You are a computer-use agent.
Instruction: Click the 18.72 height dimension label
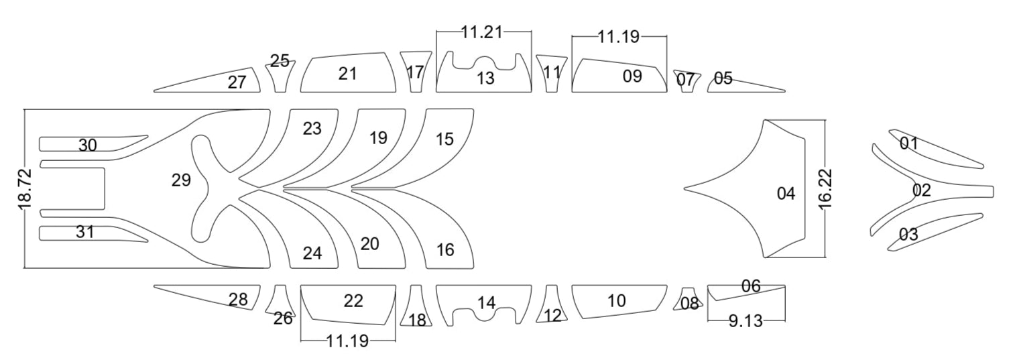[25, 190]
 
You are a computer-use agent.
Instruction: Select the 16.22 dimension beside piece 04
[825, 189]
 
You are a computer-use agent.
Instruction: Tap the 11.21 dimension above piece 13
[481, 32]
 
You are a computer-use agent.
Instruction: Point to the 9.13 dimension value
[746, 321]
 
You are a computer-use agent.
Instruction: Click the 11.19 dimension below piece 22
[347, 341]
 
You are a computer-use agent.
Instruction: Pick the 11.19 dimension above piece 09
[619, 37]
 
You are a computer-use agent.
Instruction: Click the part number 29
[181, 180]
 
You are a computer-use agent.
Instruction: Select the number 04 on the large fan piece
[786, 194]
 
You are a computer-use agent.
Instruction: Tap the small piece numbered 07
[685, 80]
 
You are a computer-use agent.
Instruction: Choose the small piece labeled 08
[689, 304]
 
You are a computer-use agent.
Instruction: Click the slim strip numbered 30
[88, 145]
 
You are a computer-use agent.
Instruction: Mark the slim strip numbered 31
[85, 233]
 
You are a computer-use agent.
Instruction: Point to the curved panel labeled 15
[444, 139]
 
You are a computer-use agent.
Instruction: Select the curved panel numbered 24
[312, 253]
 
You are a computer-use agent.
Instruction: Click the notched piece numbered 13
[485, 78]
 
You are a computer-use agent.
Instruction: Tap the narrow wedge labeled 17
[416, 72]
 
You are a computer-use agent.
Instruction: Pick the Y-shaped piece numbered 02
[922, 190]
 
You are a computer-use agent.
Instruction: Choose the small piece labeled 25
[280, 62]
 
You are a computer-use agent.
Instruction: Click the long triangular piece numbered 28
[238, 300]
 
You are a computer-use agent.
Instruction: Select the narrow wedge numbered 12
[552, 315]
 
